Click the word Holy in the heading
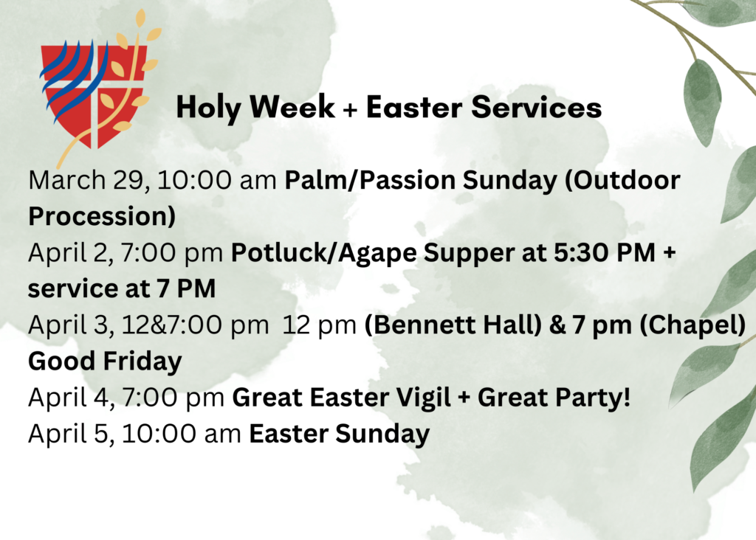click(208, 108)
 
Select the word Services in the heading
click(536, 107)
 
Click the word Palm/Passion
click(370, 180)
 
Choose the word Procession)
click(102, 216)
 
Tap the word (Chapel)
click(693, 325)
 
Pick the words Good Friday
click(105, 361)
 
